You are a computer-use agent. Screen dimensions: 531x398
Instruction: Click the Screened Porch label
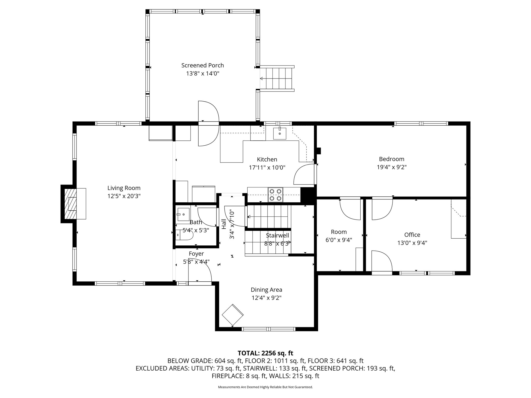202,65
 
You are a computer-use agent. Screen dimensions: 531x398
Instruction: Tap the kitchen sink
280,133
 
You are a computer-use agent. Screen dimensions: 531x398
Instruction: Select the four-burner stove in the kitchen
275,195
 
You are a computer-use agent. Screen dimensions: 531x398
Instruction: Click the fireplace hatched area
71,204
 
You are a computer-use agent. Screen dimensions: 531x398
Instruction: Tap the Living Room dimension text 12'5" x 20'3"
124,196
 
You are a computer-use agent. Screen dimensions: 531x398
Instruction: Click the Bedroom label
392,159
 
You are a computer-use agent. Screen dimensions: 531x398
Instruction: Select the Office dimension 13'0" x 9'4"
412,243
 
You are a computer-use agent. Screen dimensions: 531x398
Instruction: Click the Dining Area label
266,289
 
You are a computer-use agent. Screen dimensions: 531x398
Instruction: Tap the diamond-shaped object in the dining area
233,315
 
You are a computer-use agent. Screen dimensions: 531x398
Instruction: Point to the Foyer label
196,254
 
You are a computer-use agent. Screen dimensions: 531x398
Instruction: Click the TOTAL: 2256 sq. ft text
265,353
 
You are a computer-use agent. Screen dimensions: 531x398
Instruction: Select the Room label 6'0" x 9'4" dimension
339,240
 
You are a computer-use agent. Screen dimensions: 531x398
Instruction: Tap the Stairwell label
277,235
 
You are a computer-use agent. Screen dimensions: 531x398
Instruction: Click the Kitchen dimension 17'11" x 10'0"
267,167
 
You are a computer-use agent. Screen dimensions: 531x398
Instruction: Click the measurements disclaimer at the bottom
265,387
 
